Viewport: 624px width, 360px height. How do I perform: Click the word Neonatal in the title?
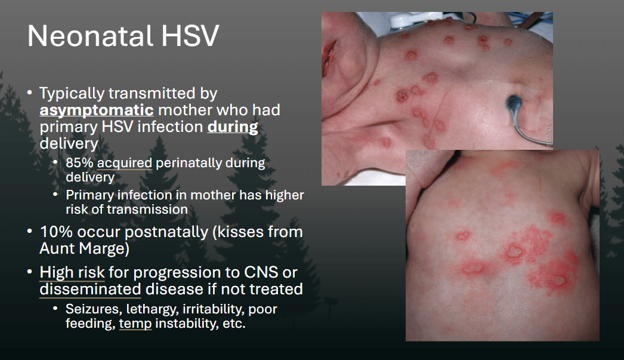(90, 36)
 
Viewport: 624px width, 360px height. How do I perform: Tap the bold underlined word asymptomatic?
(97, 110)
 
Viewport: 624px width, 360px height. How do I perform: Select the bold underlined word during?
(233, 127)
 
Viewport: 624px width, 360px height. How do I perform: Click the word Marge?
(104, 249)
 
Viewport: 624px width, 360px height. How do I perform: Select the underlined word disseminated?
(90, 289)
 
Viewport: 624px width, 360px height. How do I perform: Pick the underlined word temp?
(135, 324)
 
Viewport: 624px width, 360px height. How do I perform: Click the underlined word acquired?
(125, 163)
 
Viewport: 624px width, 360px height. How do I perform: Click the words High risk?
(72, 272)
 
